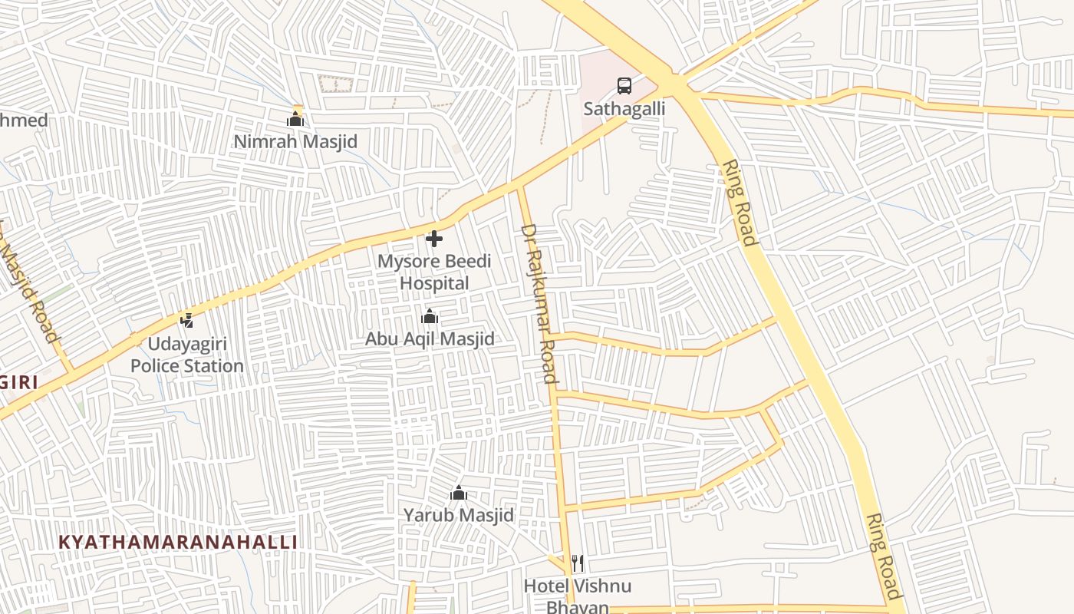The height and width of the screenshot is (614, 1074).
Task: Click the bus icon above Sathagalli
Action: [624, 86]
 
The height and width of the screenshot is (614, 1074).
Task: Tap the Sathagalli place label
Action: [624, 109]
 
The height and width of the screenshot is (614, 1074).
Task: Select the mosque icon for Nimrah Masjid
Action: [295, 119]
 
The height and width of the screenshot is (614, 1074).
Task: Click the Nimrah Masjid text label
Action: [295, 142]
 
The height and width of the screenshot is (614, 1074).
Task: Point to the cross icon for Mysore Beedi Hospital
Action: [434, 239]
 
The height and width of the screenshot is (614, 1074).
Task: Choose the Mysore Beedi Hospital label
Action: [434, 272]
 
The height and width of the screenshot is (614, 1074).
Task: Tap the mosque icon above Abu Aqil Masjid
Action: [430, 316]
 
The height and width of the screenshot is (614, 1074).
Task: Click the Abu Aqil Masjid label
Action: [430, 339]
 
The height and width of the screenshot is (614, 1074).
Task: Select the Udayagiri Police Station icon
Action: [186, 320]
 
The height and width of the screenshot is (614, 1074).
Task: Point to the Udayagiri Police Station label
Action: [186, 355]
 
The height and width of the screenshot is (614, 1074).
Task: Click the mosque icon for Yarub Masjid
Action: [459, 493]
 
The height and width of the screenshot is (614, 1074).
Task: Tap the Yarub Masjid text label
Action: [459, 515]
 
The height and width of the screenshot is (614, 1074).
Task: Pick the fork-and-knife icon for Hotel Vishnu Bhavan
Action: [578, 564]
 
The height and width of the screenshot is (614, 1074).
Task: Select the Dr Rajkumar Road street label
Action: [539, 303]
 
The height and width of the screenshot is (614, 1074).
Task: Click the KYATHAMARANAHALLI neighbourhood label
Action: [178, 542]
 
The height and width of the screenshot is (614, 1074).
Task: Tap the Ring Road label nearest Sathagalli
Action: [740, 203]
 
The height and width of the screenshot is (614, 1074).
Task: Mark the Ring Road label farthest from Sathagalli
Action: [883, 556]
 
